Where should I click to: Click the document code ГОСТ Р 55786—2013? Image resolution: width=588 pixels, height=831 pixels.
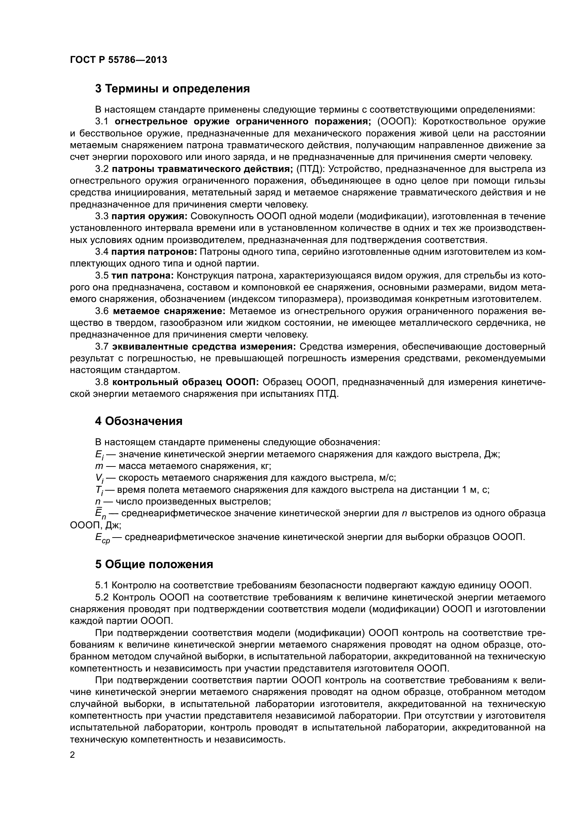118,60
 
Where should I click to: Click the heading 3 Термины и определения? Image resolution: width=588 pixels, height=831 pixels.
172,89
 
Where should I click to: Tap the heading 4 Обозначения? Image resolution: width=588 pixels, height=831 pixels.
139,421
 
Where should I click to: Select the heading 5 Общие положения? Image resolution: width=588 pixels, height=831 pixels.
154,564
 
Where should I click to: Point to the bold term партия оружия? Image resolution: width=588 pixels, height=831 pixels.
149,216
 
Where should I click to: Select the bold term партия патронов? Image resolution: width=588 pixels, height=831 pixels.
154,252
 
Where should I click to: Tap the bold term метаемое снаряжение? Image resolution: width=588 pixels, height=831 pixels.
169,311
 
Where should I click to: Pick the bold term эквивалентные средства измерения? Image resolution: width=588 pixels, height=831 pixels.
204,347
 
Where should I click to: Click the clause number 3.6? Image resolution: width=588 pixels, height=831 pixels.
102,311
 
